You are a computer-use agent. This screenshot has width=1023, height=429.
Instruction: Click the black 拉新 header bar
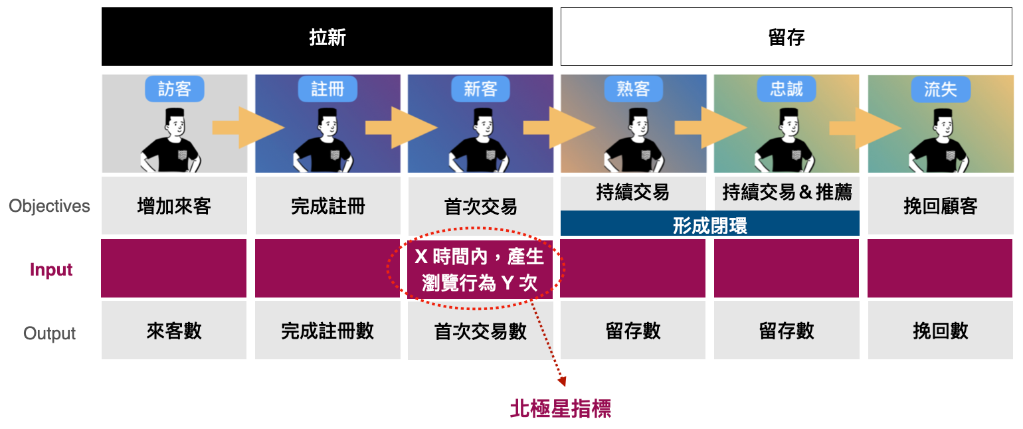[327, 37]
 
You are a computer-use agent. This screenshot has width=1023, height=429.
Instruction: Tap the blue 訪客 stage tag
[174, 89]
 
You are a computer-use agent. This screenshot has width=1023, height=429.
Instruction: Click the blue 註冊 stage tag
[327, 89]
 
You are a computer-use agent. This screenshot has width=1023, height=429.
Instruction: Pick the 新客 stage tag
[480, 89]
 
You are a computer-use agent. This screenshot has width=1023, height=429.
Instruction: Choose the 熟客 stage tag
[633, 89]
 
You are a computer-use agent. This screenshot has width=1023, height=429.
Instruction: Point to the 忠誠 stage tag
[787, 89]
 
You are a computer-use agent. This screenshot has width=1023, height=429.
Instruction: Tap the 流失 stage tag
[940, 89]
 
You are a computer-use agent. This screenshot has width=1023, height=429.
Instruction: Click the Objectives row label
[49, 207]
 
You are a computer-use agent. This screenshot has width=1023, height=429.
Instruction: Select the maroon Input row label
[51, 270]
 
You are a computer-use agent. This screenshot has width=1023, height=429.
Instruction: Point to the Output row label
[50, 333]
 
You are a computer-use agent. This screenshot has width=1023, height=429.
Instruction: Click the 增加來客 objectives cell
[174, 207]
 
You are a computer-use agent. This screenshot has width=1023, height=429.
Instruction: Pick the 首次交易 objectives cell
[480, 207]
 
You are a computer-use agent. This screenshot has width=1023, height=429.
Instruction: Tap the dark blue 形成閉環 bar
[709, 224]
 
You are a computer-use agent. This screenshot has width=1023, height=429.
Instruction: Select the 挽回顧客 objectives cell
[940, 207]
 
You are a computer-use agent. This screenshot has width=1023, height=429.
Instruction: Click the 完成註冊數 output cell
[327, 331]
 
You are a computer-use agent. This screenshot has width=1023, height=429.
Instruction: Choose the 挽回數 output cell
[940, 331]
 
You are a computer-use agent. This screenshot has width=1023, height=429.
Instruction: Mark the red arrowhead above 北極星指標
[562, 381]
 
